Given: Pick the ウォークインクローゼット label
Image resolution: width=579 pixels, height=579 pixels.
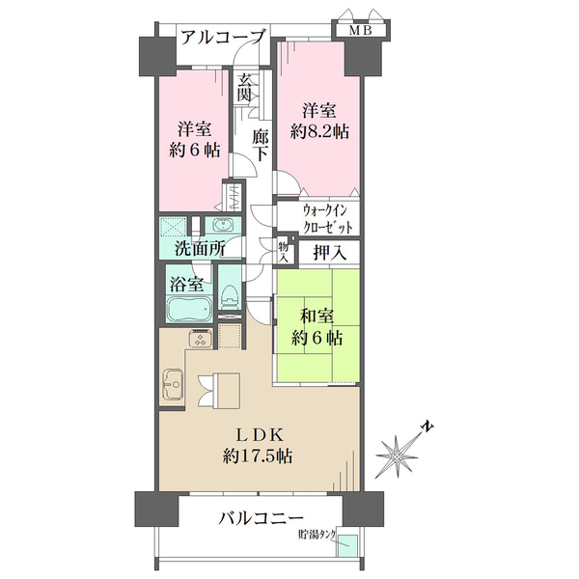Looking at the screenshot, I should pyautogui.click(x=318, y=219).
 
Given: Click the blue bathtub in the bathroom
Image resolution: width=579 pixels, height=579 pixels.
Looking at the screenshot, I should pyautogui.click(x=188, y=311).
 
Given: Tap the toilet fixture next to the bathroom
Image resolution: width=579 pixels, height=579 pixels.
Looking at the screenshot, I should pyautogui.click(x=230, y=300).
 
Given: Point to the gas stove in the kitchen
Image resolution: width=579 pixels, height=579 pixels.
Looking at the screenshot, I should pyautogui.click(x=201, y=338).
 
